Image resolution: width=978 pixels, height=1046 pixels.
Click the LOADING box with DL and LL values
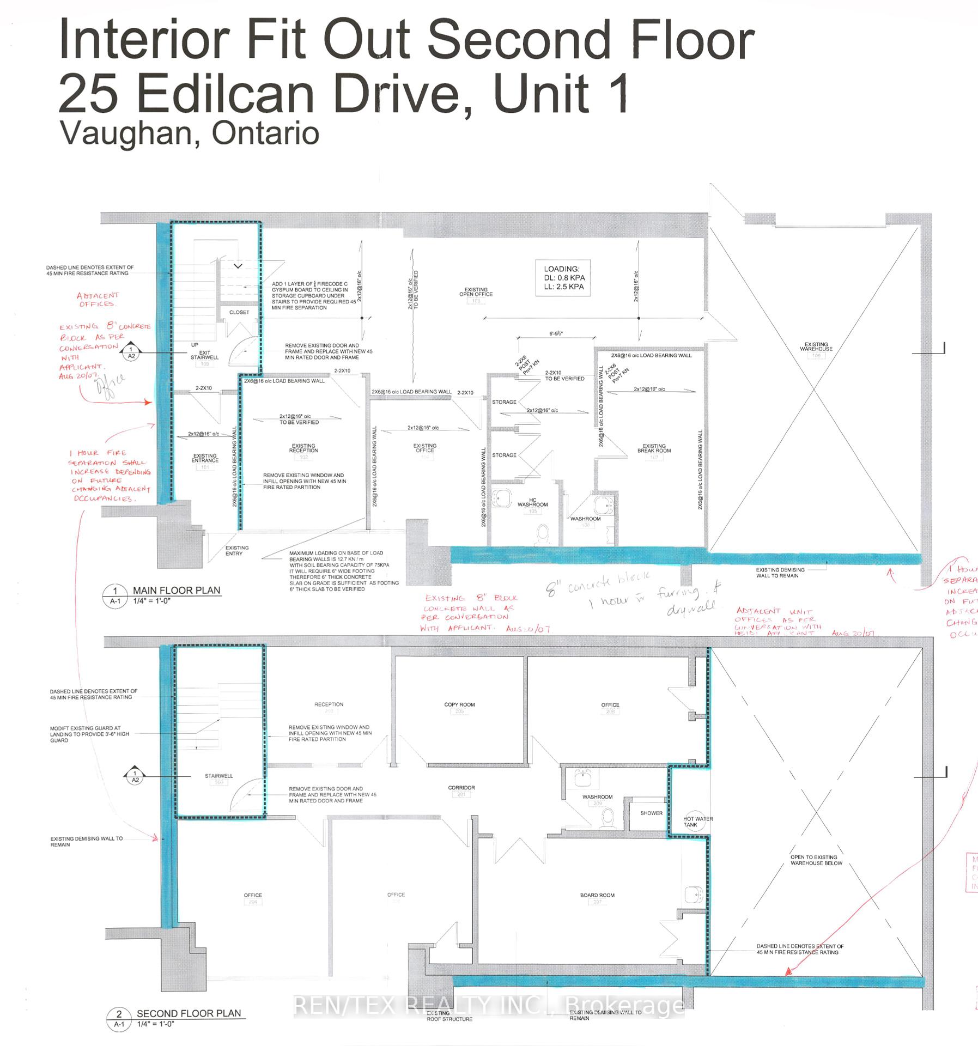(563, 278)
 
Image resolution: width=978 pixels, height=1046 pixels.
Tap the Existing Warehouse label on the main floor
(816, 346)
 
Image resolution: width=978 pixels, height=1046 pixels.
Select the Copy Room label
(459, 704)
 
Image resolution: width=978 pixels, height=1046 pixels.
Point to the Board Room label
(597, 895)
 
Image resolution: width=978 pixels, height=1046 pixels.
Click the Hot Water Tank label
(697, 822)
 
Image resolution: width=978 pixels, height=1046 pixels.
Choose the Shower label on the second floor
(651, 813)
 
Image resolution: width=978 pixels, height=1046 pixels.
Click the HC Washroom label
(532, 502)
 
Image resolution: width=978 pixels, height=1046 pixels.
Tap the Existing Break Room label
(654, 448)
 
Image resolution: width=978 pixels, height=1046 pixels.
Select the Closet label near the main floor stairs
(239, 312)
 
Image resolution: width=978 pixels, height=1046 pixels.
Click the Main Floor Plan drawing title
(177, 590)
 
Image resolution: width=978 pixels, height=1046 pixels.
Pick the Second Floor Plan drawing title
(189, 1013)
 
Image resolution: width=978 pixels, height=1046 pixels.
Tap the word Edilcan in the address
(226, 94)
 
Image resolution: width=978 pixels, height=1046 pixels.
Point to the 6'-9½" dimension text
(556, 333)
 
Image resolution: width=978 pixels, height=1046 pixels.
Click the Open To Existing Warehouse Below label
(816, 860)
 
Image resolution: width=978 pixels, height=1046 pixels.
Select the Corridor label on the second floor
(461, 788)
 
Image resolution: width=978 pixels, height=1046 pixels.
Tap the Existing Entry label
(237, 550)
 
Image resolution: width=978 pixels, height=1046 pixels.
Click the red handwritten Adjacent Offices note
(98, 300)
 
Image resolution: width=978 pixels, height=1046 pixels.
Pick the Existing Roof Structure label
(449, 1016)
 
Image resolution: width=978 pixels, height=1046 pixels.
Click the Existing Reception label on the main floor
(303, 448)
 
